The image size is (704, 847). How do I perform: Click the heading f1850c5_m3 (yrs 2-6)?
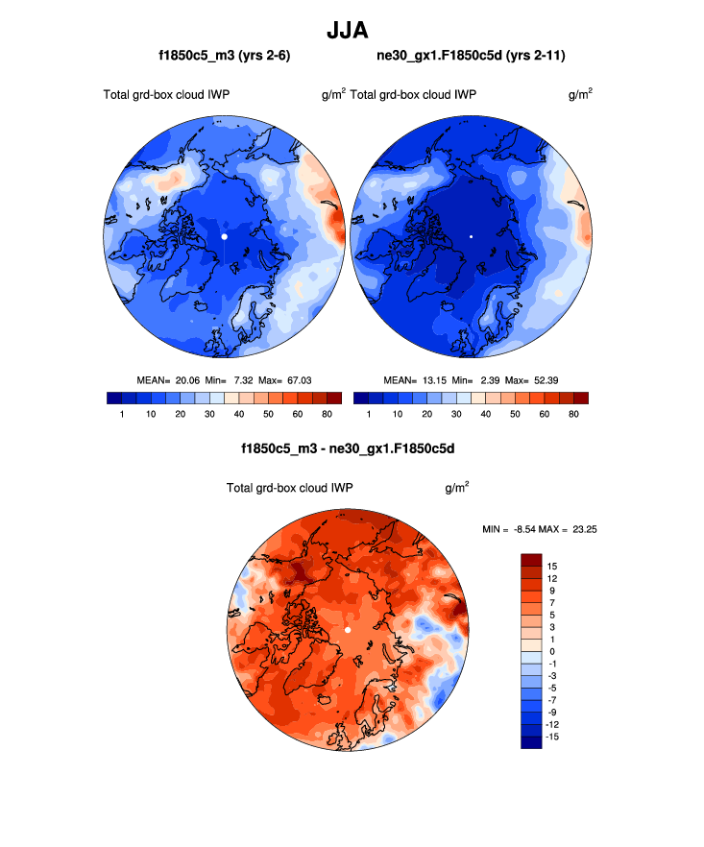click(x=225, y=57)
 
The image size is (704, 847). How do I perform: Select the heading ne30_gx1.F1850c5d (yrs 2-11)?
click(x=471, y=57)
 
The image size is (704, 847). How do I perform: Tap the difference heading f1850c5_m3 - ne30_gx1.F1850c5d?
click(x=348, y=448)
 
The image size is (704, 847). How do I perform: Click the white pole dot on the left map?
click(x=224, y=235)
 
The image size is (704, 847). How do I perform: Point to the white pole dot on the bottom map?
click(x=348, y=629)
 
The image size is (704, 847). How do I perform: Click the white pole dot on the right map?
click(x=471, y=235)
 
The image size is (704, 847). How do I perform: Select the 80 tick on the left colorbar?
click(x=327, y=414)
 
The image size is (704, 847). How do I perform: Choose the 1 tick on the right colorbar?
click(x=369, y=414)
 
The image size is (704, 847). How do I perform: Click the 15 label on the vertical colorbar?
click(x=552, y=567)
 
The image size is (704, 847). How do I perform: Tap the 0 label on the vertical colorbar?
click(x=550, y=651)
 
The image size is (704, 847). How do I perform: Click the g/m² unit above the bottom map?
click(x=457, y=488)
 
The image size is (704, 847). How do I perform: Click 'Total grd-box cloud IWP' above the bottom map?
click(x=290, y=488)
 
